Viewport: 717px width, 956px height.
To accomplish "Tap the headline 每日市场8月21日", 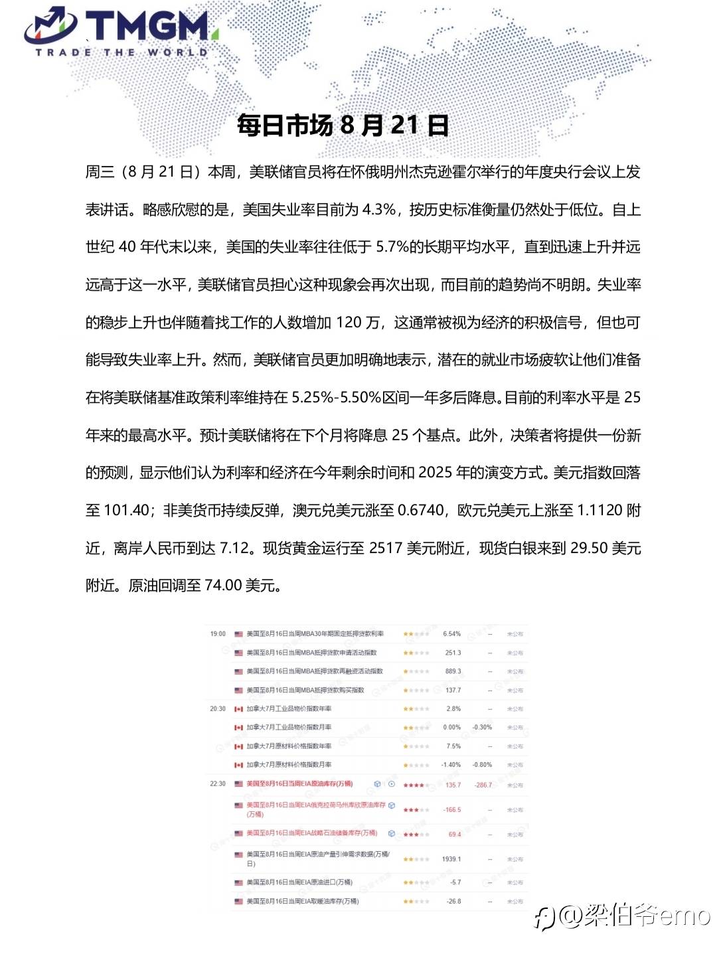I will (343, 125).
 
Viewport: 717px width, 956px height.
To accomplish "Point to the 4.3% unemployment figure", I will (378, 210).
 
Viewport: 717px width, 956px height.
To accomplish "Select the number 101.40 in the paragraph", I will (127, 511).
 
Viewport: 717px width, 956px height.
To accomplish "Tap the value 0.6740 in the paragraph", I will (420, 511).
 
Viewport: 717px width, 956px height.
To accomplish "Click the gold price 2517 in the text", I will (386, 548).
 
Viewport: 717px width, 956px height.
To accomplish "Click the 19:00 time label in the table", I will (218, 634).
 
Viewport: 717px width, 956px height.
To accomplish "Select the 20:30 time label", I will (218, 709).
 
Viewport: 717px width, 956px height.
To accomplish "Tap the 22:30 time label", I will (218, 784).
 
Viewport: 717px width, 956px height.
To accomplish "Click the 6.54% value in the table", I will (452, 634).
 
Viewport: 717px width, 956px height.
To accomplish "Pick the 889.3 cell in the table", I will (453, 671).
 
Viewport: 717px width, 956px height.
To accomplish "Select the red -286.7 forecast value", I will (483, 785).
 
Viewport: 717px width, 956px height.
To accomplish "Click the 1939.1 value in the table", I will (451, 859).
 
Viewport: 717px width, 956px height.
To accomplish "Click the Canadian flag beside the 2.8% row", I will (238, 709).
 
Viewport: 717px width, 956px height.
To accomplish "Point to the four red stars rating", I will (414, 785).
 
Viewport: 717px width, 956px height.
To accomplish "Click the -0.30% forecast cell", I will (483, 728).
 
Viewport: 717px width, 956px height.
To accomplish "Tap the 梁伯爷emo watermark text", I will (634, 917).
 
